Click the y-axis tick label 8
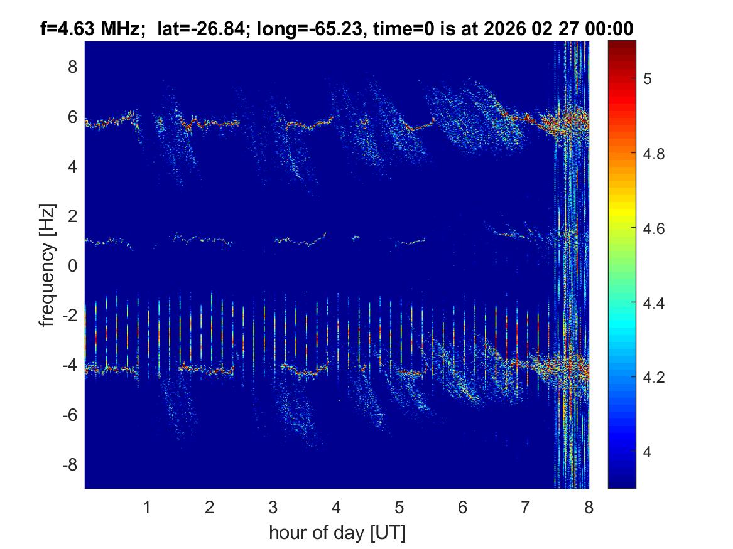point(72,67)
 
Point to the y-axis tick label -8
point(69,465)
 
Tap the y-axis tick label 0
point(72,266)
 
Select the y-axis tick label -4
point(69,365)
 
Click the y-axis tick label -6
point(69,415)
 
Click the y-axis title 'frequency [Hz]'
point(48,265)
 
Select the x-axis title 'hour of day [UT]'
point(337,533)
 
